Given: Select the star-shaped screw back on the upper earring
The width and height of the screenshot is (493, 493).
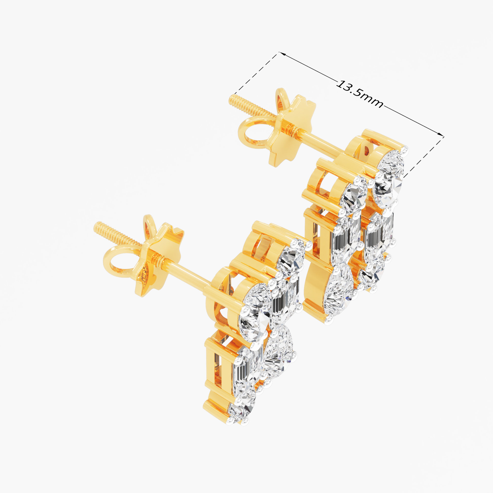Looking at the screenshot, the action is coord(291,131).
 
